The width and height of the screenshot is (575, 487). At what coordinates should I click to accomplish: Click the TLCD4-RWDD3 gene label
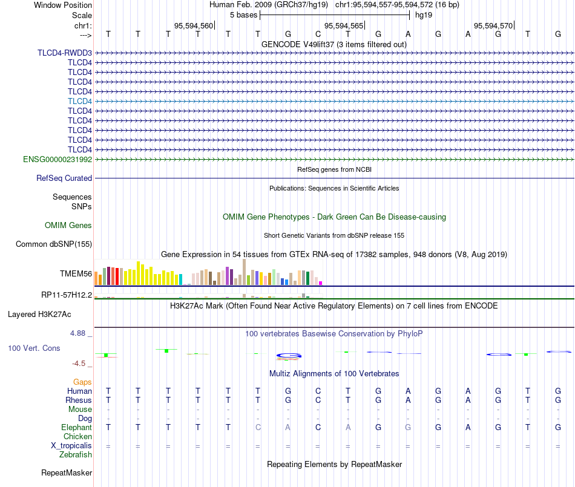tap(65, 53)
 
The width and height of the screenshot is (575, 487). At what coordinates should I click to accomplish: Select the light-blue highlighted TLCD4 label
tap(80, 101)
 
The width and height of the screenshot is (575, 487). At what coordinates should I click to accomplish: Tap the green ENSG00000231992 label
tap(57, 159)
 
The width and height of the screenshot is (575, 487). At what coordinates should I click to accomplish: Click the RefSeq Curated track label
tap(64, 178)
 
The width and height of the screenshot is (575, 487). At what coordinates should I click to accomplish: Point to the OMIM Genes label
tap(68, 226)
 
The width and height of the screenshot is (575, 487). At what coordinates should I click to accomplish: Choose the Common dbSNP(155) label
tap(54, 244)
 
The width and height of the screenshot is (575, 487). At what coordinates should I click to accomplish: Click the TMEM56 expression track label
tap(76, 273)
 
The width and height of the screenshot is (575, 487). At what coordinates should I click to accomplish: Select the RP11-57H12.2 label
tap(67, 295)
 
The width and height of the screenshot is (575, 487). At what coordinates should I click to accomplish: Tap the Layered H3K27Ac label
tap(39, 315)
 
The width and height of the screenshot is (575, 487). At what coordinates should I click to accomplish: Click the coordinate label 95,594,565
tap(344, 25)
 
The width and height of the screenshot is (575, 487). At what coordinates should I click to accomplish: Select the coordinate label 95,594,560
tap(194, 25)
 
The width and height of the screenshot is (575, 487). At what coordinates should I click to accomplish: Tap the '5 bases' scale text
tap(243, 15)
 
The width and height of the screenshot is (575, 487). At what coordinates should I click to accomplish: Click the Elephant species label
tap(77, 427)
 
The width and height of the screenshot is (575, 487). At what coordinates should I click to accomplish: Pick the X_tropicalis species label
tap(71, 446)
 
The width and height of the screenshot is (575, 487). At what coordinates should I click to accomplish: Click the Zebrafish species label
tap(76, 455)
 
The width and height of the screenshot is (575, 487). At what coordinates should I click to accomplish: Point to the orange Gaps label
tap(82, 382)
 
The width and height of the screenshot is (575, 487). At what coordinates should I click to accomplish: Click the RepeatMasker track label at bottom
tap(67, 472)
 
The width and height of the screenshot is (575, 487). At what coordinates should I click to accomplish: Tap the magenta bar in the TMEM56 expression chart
tap(321, 283)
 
